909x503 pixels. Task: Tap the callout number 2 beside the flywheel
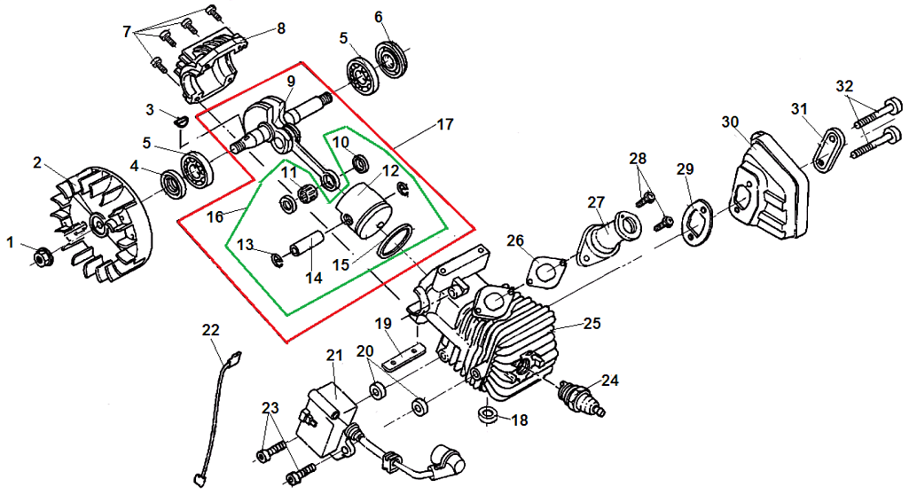click(37, 163)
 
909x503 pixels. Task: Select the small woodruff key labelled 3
click(181, 122)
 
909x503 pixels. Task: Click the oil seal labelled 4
click(173, 184)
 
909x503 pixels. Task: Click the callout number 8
click(281, 28)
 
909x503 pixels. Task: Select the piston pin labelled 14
click(307, 244)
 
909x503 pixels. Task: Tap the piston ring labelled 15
click(395, 241)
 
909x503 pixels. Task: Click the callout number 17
click(444, 124)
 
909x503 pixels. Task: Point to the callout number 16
click(215, 217)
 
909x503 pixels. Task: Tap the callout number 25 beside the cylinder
click(592, 323)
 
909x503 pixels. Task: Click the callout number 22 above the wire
click(211, 329)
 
